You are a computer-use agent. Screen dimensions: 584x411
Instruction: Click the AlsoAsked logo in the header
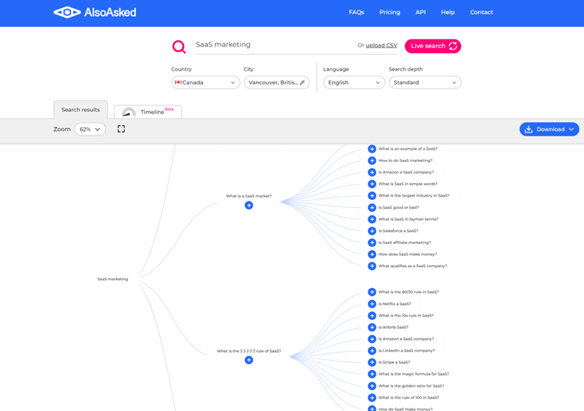(95, 12)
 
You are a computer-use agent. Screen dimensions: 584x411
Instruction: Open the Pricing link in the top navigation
(390, 12)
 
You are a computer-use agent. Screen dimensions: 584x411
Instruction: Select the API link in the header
(421, 12)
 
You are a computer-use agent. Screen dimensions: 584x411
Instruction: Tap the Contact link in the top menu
(481, 12)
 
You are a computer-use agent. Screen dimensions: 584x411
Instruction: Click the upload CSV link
(381, 45)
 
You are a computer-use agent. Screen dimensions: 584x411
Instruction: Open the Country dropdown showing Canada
(206, 83)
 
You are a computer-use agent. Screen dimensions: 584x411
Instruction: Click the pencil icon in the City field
(303, 83)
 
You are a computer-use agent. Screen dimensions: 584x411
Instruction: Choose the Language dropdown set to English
(354, 83)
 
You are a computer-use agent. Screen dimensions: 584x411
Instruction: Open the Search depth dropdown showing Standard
(425, 83)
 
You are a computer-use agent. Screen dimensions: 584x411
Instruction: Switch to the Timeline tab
(148, 112)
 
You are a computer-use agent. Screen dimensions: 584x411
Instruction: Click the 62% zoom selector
(90, 129)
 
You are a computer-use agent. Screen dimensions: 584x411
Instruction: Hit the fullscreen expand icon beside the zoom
(121, 129)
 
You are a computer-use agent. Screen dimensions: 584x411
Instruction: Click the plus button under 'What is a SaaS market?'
(249, 205)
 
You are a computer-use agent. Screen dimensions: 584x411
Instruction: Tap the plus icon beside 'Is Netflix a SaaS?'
(372, 304)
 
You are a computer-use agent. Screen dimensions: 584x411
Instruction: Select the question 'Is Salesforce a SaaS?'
(398, 231)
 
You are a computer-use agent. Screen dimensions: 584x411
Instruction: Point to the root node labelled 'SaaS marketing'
(112, 279)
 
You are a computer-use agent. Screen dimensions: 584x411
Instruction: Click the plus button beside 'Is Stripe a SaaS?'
(372, 362)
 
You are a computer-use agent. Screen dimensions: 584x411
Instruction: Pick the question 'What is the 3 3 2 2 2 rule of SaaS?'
(249, 351)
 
